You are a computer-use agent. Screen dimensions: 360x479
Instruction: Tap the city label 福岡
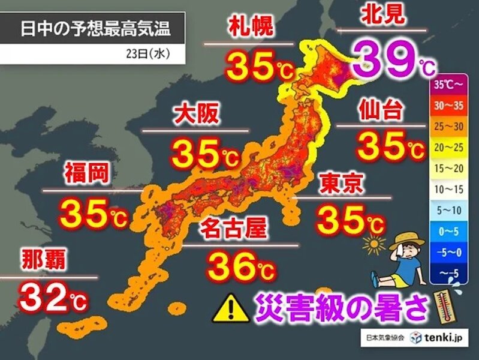(x=87, y=175)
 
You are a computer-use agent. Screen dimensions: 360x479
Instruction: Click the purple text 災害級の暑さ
(x=342, y=307)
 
